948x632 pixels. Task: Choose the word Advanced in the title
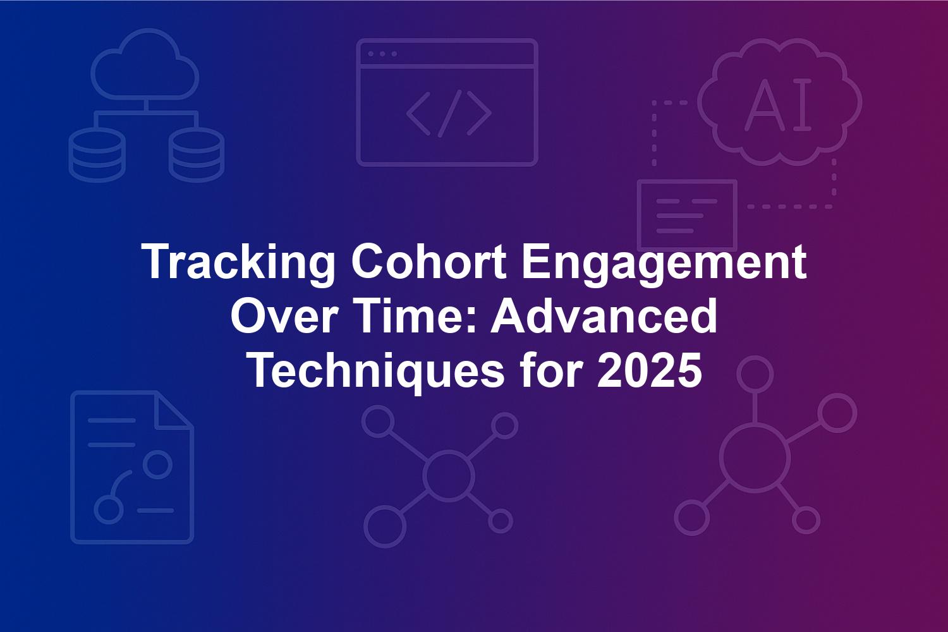coord(604,316)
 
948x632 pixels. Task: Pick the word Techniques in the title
coord(377,371)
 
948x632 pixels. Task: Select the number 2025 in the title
coord(649,371)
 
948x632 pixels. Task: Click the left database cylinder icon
coord(97,155)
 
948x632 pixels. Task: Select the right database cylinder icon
coord(197,155)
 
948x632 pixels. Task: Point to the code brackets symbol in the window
coord(449,114)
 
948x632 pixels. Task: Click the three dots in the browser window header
coord(382,54)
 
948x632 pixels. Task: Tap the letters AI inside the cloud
coord(778,104)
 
